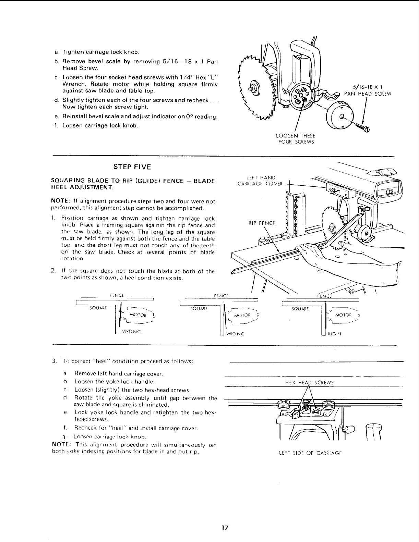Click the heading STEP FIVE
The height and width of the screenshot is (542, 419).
132,167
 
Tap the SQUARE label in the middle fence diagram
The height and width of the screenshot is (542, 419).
199,308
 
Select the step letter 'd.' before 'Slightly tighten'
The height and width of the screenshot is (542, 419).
56,100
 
